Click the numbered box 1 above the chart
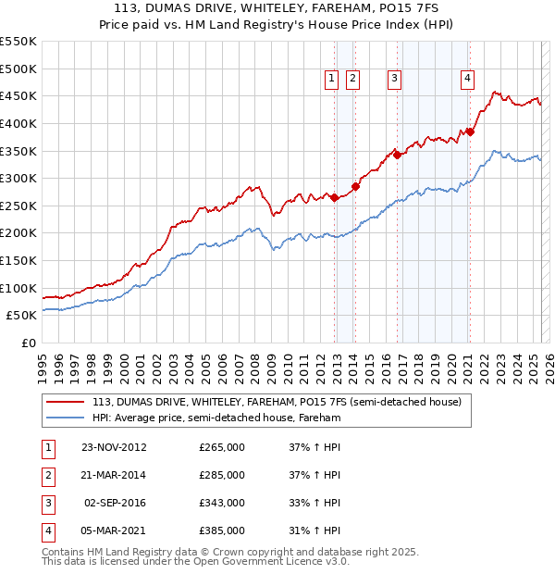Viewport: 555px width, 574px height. pyautogui.click(x=331, y=80)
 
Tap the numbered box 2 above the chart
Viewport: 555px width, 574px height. pyautogui.click(x=353, y=80)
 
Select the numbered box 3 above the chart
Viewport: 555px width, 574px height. pyautogui.click(x=394, y=80)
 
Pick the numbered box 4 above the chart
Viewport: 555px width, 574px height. pyautogui.click(x=468, y=80)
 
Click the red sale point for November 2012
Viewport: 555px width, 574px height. pyautogui.click(x=335, y=197)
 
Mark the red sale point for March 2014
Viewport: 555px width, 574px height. pyautogui.click(x=356, y=186)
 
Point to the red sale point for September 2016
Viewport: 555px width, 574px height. pyautogui.click(x=397, y=155)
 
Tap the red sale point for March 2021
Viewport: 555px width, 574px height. pyautogui.click(x=470, y=131)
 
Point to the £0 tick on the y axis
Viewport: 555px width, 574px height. pyautogui.click(x=28, y=343)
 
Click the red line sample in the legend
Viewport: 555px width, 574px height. pyautogui.click(x=65, y=402)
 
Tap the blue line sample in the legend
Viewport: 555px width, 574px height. pyautogui.click(x=65, y=418)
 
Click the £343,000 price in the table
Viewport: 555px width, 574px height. pyautogui.click(x=222, y=503)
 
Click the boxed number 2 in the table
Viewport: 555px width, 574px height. pyautogui.click(x=45, y=475)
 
